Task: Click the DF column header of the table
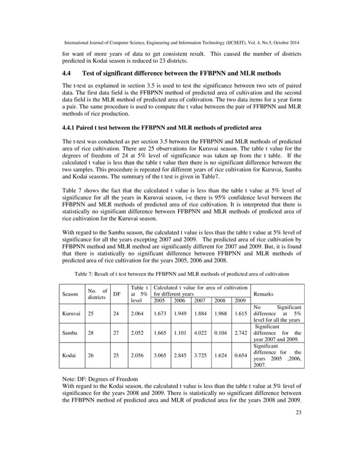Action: [x=116, y=294]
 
